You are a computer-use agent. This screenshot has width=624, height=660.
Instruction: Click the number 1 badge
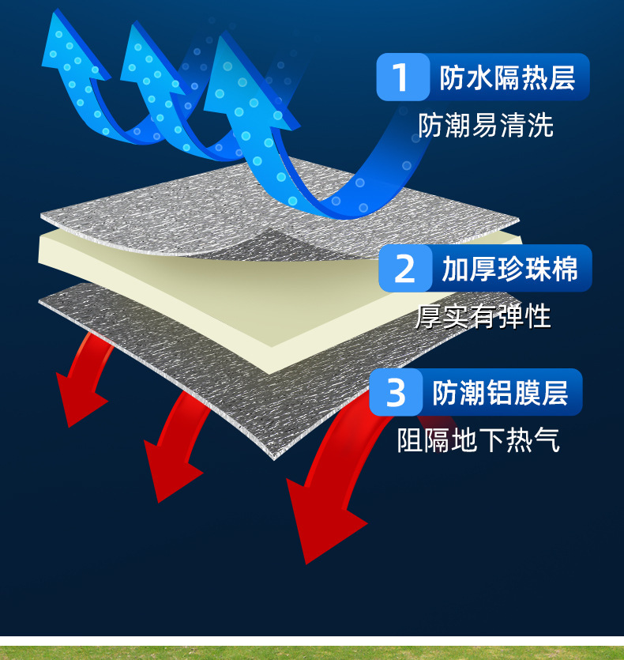402,77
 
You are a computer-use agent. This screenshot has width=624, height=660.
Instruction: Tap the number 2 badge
404,269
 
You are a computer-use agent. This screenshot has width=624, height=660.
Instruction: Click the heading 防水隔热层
507,77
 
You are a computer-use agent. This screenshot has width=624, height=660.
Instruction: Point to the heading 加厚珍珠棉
509,269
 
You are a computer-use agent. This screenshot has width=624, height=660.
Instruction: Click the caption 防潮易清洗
486,125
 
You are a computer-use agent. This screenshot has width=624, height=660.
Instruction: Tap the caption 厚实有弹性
483,316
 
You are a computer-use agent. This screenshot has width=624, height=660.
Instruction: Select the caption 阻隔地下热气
478,440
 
